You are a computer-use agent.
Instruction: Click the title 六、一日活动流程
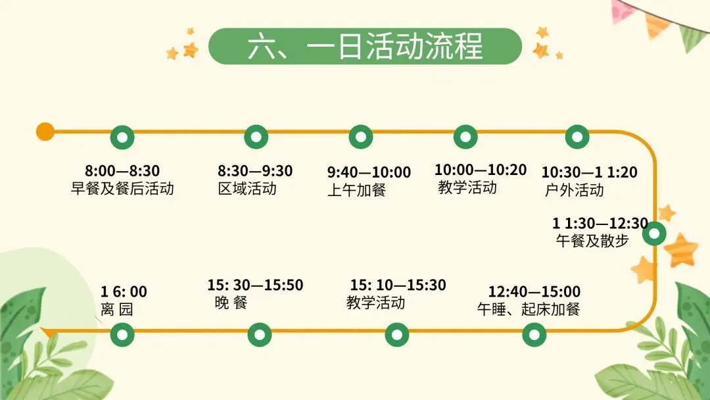point(365,47)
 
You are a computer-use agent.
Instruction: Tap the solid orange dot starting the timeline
point(45,132)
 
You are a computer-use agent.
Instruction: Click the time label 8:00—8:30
point(122,172)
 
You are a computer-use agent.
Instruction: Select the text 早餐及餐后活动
point(122,189)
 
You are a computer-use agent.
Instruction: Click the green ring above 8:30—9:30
point(256,137)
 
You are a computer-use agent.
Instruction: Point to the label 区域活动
point(247,189)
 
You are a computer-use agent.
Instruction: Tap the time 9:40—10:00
point(369,172)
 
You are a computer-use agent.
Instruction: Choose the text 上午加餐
point(356,190)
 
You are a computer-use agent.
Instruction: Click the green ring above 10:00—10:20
point(465,137)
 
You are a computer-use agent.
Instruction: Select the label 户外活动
point(574,191)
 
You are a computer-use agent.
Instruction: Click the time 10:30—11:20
point(589,172)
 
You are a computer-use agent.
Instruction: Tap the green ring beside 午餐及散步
point(654,234)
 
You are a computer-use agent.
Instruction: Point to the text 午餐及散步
point(592,241)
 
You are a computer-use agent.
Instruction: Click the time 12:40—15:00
point(534,291)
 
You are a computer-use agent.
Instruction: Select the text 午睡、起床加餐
point(529,309)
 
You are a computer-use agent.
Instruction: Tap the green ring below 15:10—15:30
point(396,334)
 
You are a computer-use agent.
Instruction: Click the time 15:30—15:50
point(255,286)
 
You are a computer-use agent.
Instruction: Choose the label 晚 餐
point(231,303)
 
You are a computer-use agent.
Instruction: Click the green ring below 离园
point(122,334)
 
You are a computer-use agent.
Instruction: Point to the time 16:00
point(124,291)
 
